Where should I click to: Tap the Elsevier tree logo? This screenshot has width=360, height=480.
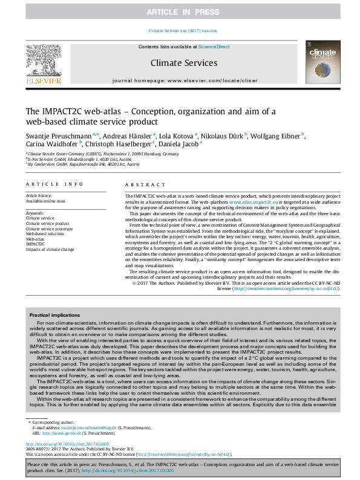(x=43, y=60)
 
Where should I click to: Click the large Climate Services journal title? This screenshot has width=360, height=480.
(x=183, y=62)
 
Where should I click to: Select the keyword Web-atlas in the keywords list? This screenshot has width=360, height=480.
(x=35, y=239)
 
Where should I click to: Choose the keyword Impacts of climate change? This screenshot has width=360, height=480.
(x=50, y=249)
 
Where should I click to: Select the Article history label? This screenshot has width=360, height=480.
(x=39, y=196)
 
